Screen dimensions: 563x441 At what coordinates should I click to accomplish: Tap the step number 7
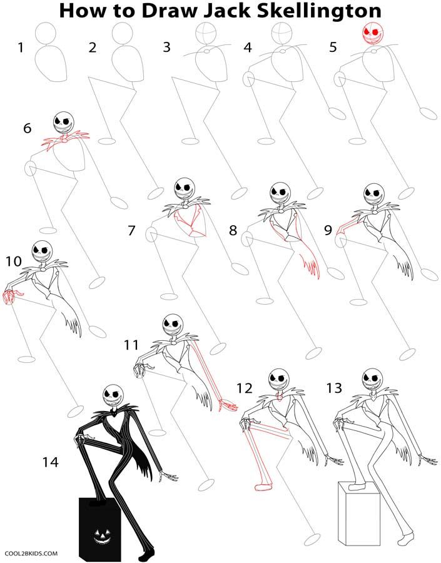[131, 231]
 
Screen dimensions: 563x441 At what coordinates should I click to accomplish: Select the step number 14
[51, 462]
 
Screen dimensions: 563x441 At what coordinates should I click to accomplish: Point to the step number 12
[245, 388]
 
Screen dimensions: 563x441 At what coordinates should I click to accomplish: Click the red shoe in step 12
[263, 486]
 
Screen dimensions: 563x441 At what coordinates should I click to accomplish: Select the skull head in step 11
[172, 322]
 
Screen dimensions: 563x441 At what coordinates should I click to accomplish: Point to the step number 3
[166, 48]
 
